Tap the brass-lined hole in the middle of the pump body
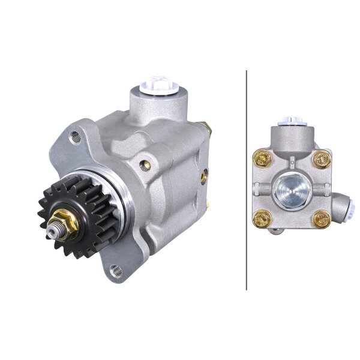143,162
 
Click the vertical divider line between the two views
247,180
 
